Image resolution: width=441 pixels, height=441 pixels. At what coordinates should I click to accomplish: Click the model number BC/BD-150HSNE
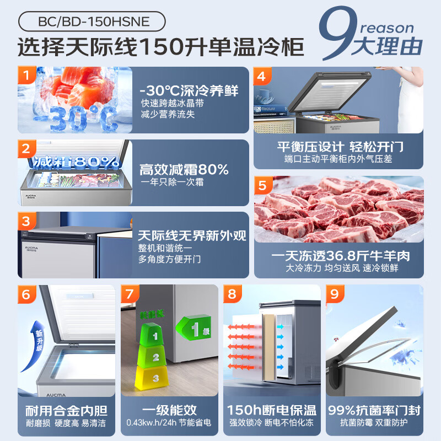[92, 21]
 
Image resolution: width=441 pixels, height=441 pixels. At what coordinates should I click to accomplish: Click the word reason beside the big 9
[388, 28]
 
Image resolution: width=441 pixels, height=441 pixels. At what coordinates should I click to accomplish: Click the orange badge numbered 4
[262, 76]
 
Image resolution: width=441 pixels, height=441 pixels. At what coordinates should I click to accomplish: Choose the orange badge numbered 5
[262, 185]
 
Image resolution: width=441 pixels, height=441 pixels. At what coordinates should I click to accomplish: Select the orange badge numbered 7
[130, 294]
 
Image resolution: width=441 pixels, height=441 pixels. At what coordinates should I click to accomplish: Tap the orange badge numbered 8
[232, 294]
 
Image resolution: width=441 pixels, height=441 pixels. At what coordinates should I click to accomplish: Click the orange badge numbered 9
[335, 294]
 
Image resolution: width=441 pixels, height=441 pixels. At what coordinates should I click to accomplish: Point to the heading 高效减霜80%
[184, 169]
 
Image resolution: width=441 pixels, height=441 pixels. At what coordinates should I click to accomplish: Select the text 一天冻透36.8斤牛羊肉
[338, 256]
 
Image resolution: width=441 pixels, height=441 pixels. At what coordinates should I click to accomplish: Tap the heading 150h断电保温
[272, 411]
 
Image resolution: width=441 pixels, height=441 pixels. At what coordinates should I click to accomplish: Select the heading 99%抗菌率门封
[375, 411]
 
